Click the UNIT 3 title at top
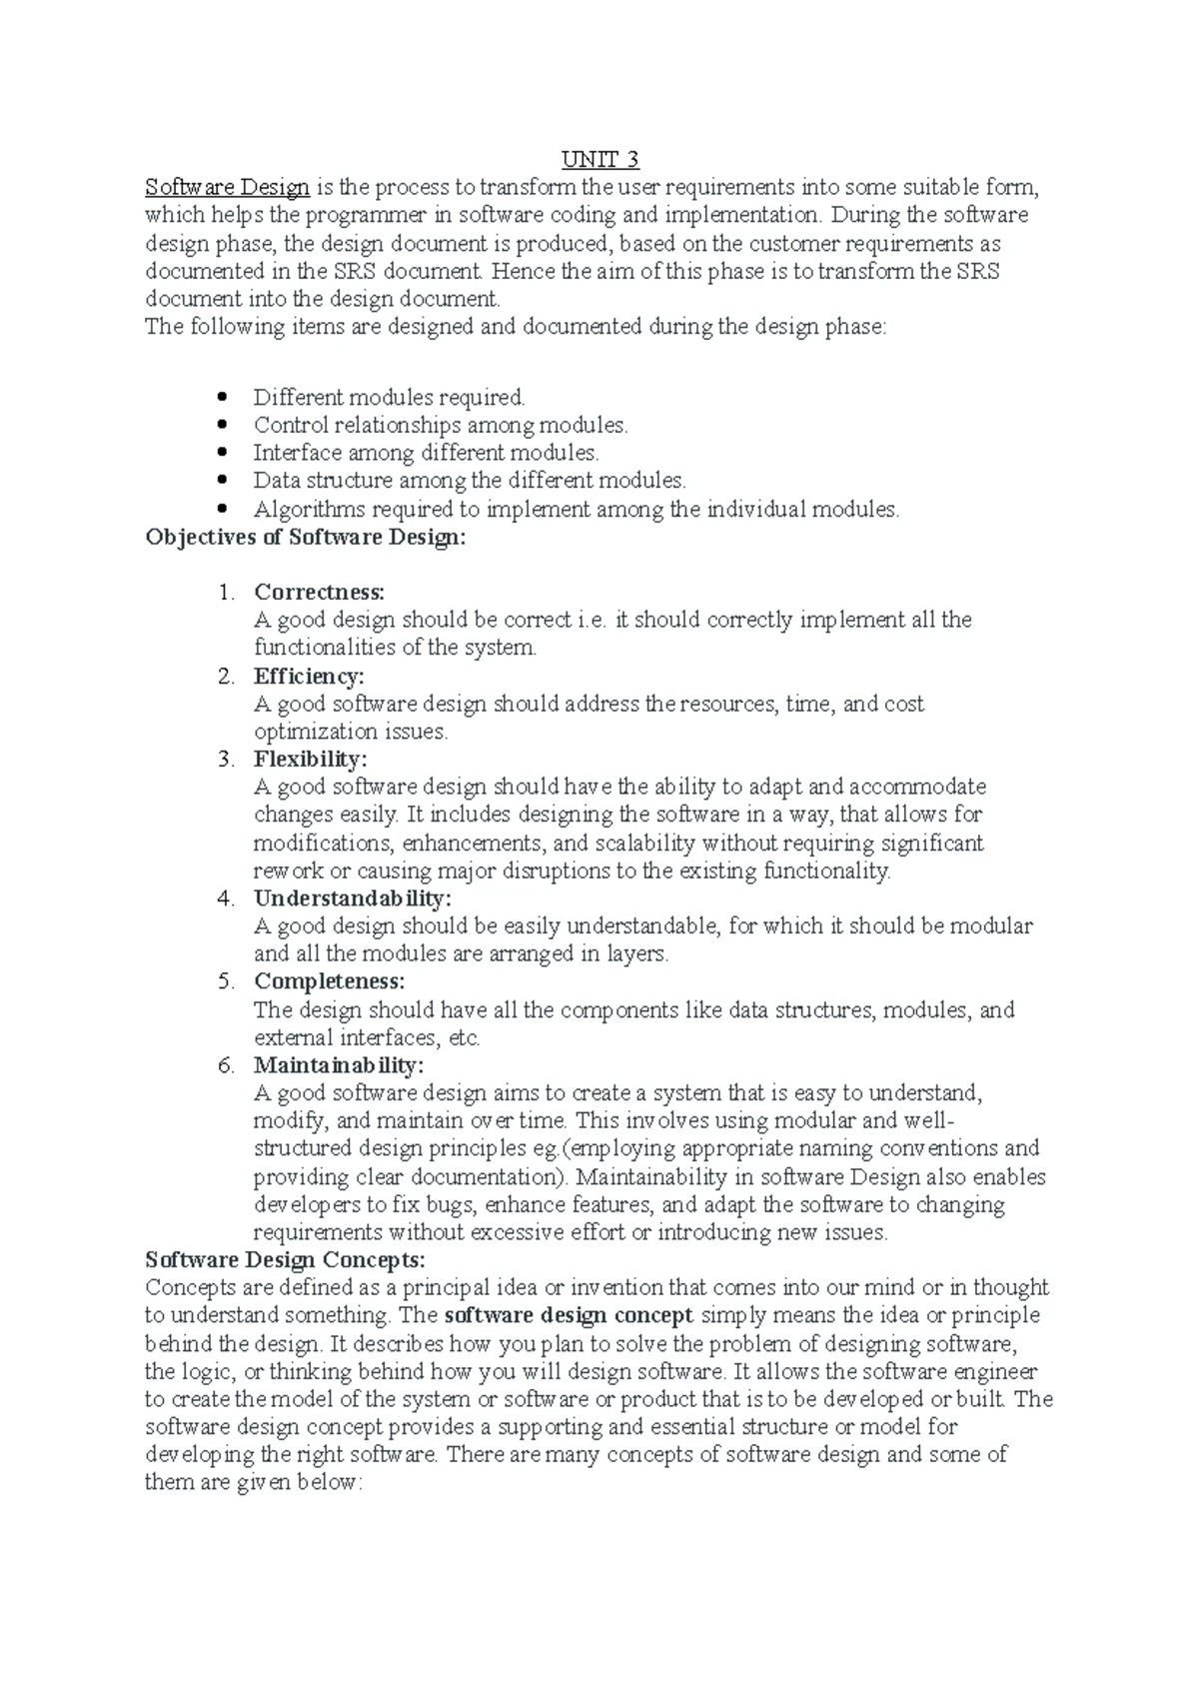(599, 160)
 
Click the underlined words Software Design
(228, 187)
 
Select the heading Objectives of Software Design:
(306, 538)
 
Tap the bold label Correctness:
(319, 593)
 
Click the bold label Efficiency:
(309, 677)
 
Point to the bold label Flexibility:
(311, 760)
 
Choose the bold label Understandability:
(353, 898)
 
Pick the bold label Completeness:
(329, 981)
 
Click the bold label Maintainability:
(339, 1065)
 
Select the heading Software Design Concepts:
(286, 1259)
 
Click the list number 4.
(226, 898)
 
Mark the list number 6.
(226, 1065)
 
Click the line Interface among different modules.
(426, 454)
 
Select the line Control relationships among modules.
(441, 426)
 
